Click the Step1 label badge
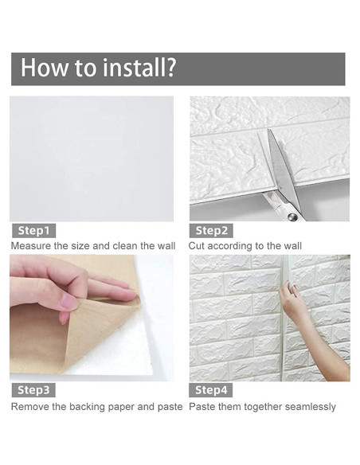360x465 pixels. pos(33,231)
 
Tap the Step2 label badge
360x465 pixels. pos(211,231)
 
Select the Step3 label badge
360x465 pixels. pos(33,390)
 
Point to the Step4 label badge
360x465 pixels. pos(211,390)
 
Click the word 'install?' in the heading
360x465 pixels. pos(139,68)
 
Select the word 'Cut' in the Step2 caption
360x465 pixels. pos(196,246)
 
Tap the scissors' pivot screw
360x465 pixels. pos(292,217)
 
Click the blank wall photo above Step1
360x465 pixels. pos(92,158)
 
